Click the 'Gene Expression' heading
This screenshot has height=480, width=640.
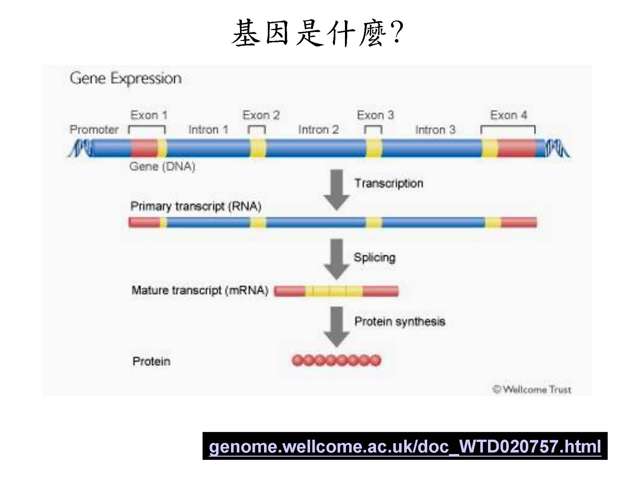click(x=125, y=78)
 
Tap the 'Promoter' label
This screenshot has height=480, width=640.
click(x=94, y=130)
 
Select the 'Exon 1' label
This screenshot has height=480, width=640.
click(x=149, y=115)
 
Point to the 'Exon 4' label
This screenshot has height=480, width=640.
click(x=508, y=115)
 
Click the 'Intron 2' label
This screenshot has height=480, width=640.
click(x=318, y=130)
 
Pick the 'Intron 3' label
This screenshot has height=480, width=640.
click(x=435, y=130)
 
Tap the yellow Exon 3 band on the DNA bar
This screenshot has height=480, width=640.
click(x=373, y=148)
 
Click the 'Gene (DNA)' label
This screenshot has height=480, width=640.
click(x=162, y=166)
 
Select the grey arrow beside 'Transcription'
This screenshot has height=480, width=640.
click(x=336, y=190)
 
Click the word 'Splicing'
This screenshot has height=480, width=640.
click(x=374, y=257)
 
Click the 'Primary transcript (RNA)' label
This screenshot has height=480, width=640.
click(x=196, y=206)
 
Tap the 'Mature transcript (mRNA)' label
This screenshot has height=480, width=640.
click(x=200, y=290)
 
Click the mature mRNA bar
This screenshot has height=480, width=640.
click(x=336, y=291)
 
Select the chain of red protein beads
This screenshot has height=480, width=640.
click(x=336, y=361)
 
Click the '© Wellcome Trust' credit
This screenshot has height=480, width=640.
click(x=532, y=389)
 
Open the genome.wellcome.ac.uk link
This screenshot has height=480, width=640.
click(x=405, y=446)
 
